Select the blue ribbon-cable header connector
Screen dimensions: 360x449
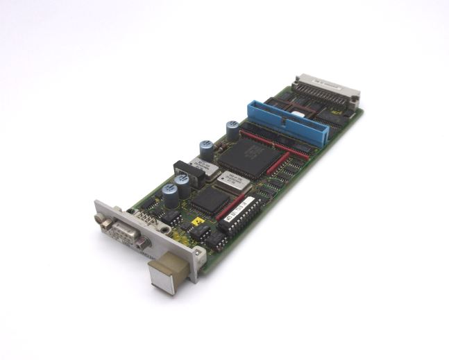tap(287, 123)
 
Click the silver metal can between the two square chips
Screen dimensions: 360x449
tap(230, 182)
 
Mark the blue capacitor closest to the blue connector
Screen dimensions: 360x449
tap(232, 129)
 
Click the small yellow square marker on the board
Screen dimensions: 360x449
tap(197, 223)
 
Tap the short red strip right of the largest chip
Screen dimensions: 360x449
tap(278, 164)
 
